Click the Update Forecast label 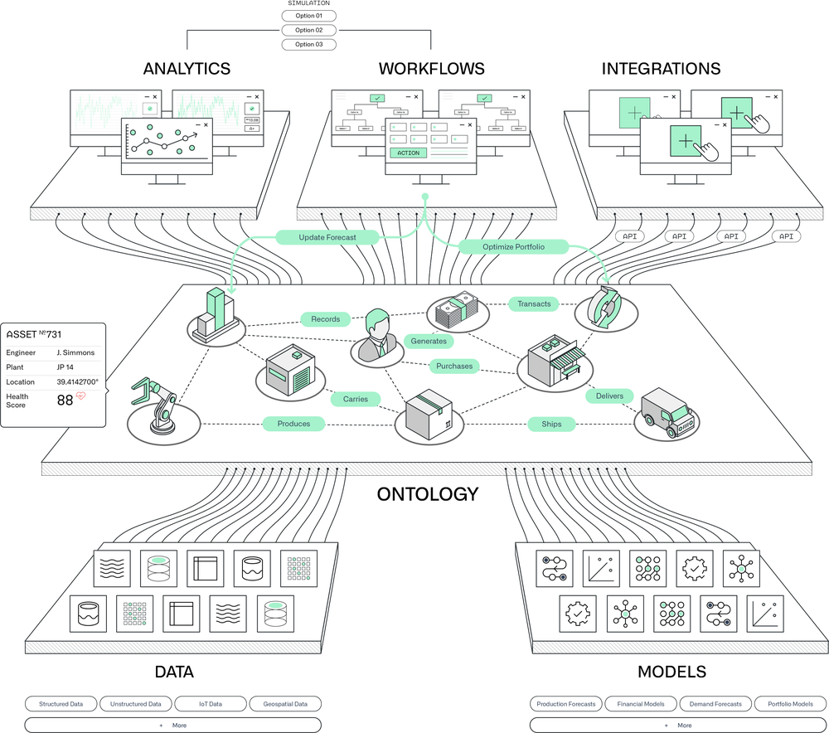[327, 237]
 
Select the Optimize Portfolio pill [513, 246]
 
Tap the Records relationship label [326, 318]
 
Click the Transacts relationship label [534, 303]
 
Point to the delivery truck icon [668, 412]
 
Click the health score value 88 [65, 400]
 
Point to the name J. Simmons [75, 352]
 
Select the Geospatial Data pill [284, 704]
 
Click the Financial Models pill [641, 704]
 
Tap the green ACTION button [408, 153]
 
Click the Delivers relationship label [609, 396]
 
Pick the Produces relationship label [293, 424]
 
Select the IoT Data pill [210, 704]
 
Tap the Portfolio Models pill [790, 704]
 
